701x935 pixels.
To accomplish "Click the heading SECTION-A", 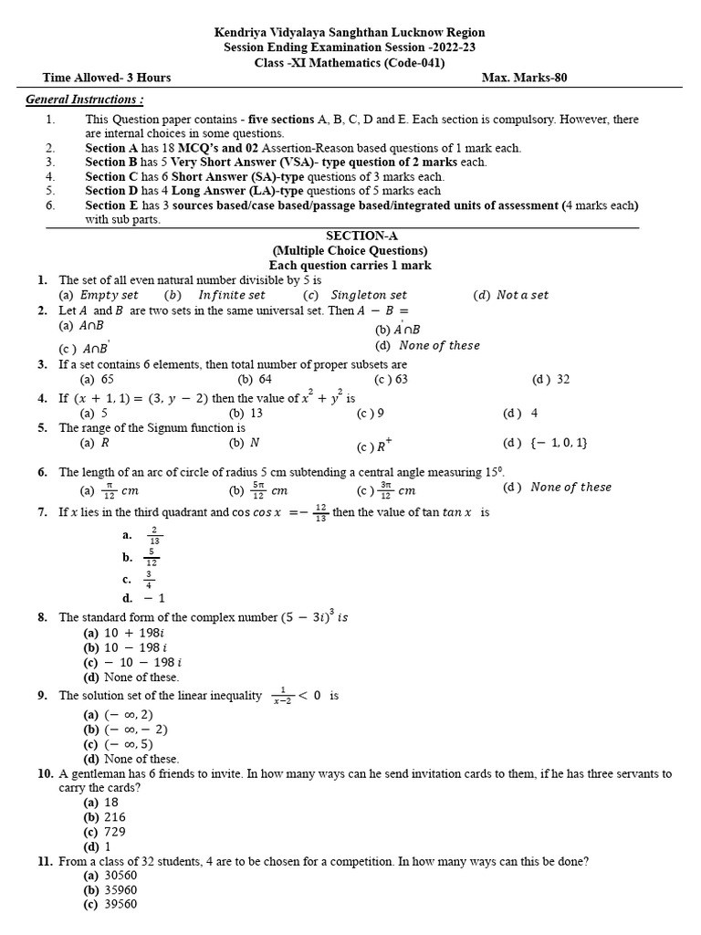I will (x=350, y=236).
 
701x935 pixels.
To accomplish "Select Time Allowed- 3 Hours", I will (x=107, y=78).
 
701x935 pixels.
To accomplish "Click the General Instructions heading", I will (x=84, y=99).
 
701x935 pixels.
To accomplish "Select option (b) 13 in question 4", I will (x=246, y=413).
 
